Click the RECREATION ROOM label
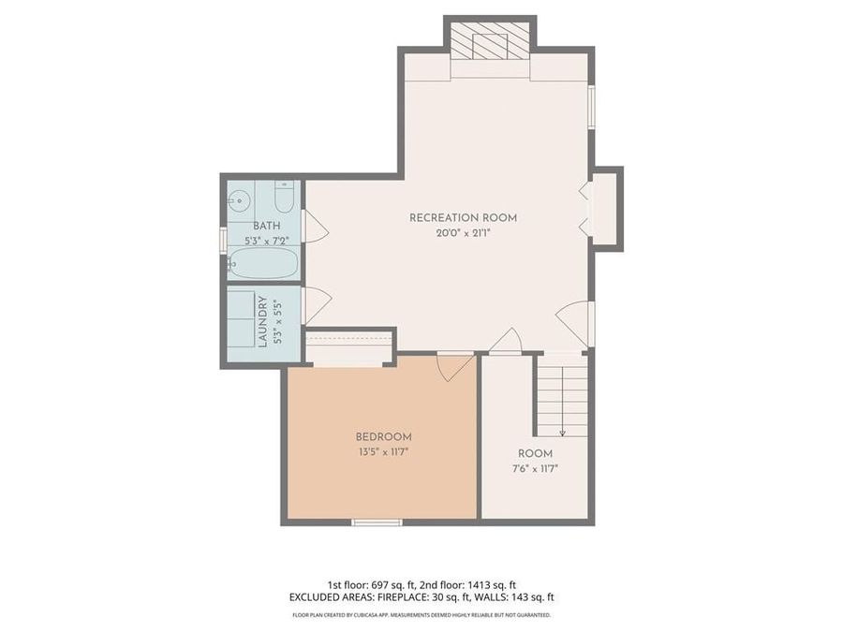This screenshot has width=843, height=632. [x=463, y=218]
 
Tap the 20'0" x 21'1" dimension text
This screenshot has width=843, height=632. [x=463, y=235]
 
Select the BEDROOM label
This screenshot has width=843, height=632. [x=383, y=436]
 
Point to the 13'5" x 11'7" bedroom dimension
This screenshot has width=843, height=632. [x=383, y=452]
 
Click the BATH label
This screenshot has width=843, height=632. [x=266, y=227]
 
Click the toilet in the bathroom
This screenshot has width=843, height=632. [x=285, y=198]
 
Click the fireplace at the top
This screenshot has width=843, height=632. [x=490, y=45]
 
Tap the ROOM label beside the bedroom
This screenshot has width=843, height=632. [x=535, y=453]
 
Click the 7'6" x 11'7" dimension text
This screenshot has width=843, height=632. [x=535, y=469]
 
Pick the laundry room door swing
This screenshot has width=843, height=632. [x=316, y=304]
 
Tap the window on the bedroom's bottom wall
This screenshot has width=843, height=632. [x=377, y=522]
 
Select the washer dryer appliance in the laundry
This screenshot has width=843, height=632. [x=243, y=321]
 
